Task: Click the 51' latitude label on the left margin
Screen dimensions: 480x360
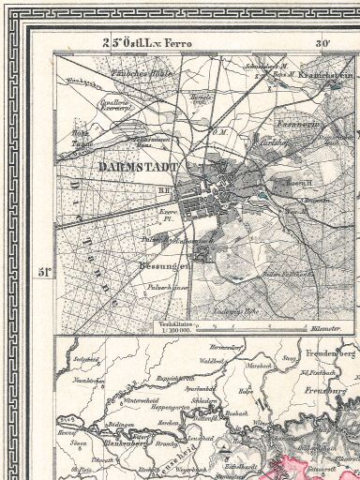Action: click(43, 272)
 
